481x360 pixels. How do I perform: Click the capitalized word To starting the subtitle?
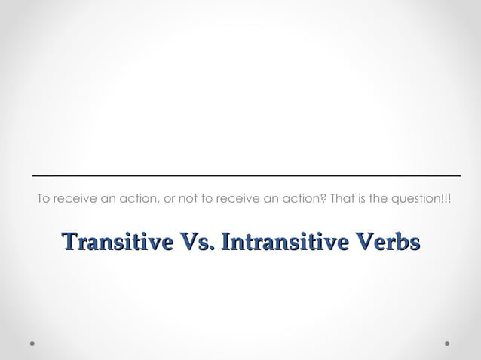tap(44, 199)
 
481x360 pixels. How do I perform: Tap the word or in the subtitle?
tap(170, 199)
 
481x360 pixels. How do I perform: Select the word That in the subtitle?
tap(339, 199)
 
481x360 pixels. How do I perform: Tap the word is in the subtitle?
tap(360, 199)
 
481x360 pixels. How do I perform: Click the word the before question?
tap(376, 199)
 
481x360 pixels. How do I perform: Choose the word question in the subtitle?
tap(416, 199)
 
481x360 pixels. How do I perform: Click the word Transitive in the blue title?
tap(118, 243)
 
